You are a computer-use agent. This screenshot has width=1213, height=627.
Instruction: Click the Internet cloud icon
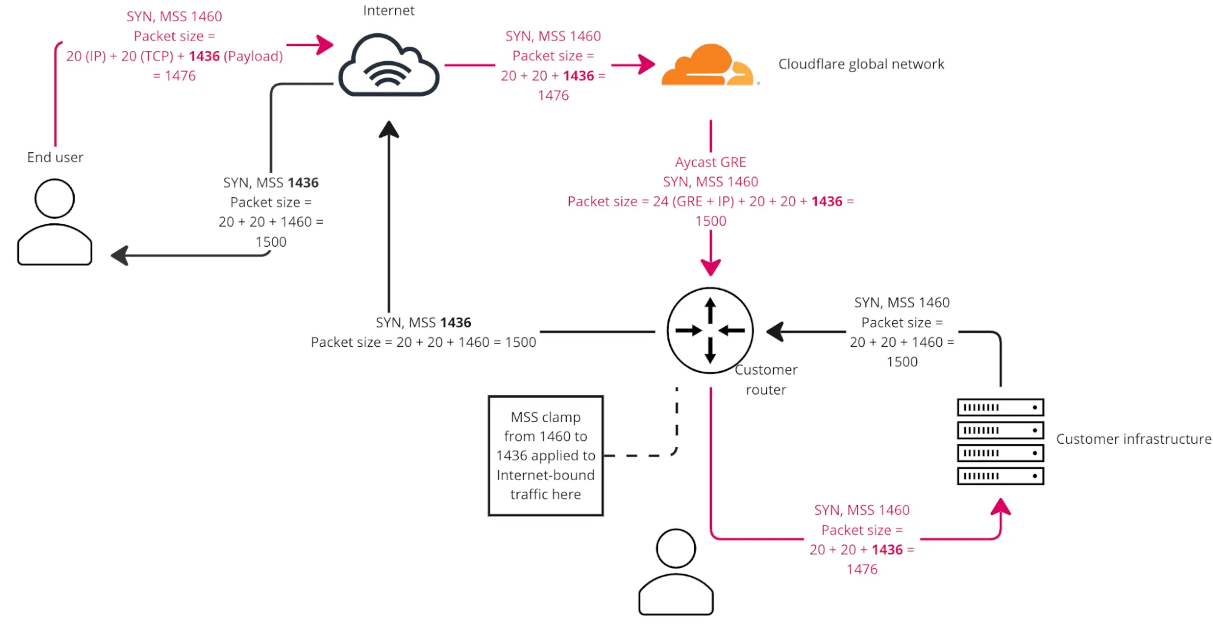(389, 65)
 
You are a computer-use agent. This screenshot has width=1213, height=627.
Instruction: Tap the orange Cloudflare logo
(708, 65)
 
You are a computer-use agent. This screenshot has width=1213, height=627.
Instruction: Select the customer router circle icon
(710, 330)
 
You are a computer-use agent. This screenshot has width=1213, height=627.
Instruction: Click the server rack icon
(1000, 441)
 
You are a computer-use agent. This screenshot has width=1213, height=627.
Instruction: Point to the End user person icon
(55, 223)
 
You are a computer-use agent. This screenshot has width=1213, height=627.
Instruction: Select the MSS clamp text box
(546, 455)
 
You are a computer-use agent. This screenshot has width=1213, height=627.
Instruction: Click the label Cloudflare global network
(861, 64)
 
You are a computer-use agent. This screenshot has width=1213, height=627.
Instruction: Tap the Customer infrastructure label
(1133, 439)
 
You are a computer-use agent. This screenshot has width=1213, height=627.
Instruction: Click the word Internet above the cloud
(389, 10)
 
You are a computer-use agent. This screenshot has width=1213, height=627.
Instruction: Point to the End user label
(55, 157)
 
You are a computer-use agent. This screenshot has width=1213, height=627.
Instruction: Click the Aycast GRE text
(711, 162)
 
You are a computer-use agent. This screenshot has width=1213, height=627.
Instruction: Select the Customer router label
(766, 380)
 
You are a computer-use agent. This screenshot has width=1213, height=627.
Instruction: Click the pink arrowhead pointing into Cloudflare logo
(647, 64)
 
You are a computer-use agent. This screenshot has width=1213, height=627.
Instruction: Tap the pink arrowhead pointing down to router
(711, 267)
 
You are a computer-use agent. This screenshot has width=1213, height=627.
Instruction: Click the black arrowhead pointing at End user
(120, 255)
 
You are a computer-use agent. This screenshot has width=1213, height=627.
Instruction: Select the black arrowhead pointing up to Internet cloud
(389, 129)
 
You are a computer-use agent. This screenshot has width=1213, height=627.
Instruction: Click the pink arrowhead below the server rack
(1001, 507)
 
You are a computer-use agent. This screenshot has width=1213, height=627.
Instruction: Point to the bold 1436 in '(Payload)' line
(204, 56)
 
